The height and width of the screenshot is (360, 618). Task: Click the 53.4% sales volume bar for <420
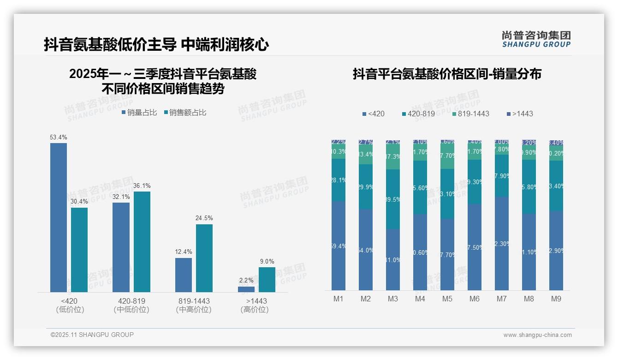tap(59, 217)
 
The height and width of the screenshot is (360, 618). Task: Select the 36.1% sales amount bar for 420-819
tap(142, 241)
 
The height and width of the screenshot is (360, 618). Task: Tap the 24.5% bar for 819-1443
tap(204, 258)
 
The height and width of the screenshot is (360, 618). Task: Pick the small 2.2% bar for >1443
tap(246, 289)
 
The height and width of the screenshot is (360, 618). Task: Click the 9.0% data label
tap(267, 262)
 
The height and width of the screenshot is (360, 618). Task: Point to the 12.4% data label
tap(184, 252)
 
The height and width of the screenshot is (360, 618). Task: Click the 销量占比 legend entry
tap(139, 113)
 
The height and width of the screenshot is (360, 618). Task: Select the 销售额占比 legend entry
tap(185, 113)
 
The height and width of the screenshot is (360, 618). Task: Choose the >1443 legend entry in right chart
tap(519, 114)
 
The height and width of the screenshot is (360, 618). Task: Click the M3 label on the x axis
tap(392, 299)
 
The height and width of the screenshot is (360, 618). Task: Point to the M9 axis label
tap(556, 299)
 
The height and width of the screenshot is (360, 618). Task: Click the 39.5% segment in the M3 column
tap(392, 199)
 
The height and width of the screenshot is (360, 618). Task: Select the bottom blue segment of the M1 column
tap(339, 246)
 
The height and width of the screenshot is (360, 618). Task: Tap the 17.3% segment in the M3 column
tap(392, 157)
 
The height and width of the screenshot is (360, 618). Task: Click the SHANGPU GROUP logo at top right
tap(536, 39)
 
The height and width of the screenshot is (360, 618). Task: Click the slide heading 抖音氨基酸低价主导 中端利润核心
tap(156, 44)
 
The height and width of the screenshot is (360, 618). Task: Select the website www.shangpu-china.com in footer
tap(537, 335)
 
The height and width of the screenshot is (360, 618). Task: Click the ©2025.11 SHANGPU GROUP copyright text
tap(92, 335)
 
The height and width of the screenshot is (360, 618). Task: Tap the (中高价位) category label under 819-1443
tap(194, 310)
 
